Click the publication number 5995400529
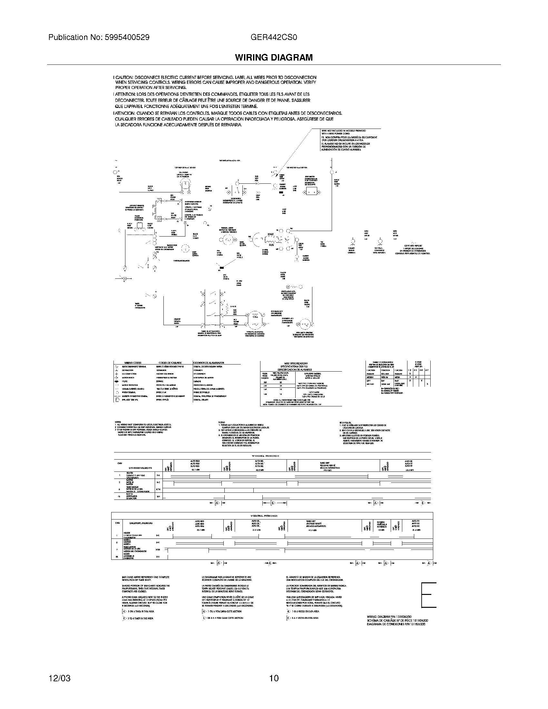[x=127, y=37]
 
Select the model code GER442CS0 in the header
[x=274, y=37]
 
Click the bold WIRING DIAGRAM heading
[x=274, y=57]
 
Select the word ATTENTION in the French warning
[x=126, y=94]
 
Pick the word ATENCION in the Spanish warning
[x=125, y=114]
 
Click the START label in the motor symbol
[x=270, y=234]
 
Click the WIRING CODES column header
[x=133, y=363]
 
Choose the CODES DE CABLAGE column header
[x=170, y=363]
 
